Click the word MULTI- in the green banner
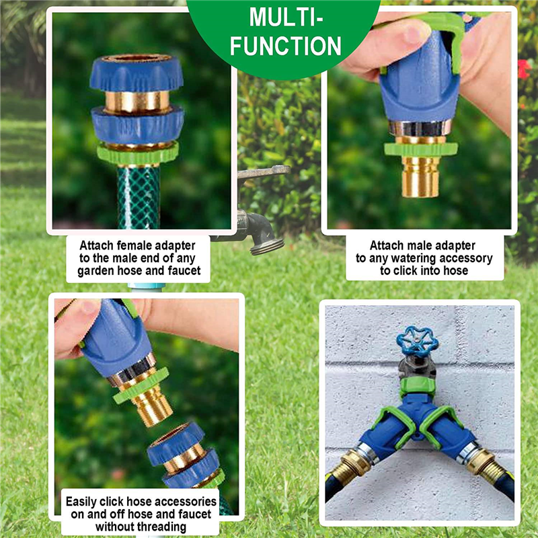[x=286, y=17]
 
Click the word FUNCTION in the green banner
[x=286, y=46]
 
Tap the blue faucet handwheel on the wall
[x=417, y=341]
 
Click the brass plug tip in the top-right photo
[x=420, y=176]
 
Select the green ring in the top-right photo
[x=421, y=149]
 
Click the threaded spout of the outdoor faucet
[x=267, y=245]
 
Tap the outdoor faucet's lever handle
[x=264, y=171]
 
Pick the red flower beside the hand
[x=524, y=69]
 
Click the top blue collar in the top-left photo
[x=137, y=73]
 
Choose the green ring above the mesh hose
[x=138, y=153]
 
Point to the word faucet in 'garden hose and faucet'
[x=184, y=271]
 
